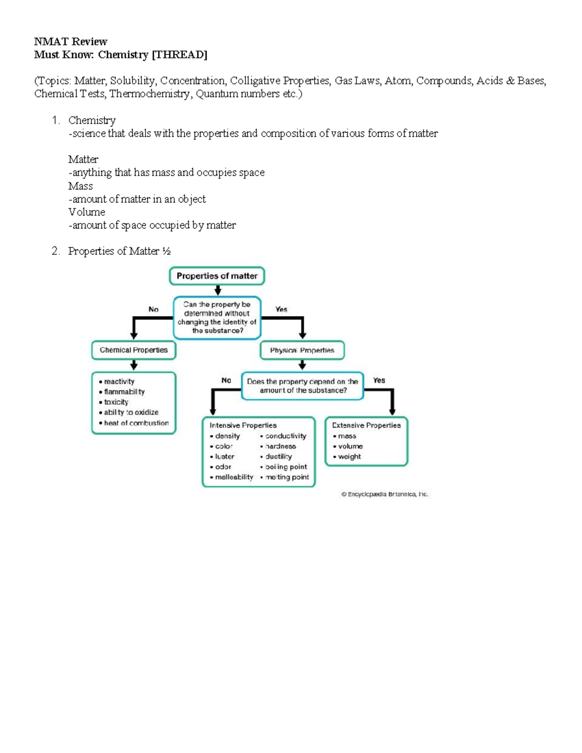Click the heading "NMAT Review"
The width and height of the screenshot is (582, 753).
[x=70, y=42]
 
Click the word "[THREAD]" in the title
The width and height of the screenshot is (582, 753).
[x=179, y=55]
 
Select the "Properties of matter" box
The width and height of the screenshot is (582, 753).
[x=217, y=276]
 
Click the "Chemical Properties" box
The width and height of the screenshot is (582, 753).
[x=133, y=350]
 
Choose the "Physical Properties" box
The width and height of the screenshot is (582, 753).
[x=302, y=350]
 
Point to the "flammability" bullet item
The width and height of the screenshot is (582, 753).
[x=124, y=392]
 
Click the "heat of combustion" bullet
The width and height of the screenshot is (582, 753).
[x=136, y=423]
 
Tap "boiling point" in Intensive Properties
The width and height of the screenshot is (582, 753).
[x=286, y=467]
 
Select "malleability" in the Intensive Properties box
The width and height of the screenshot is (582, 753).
[x=234, y=477]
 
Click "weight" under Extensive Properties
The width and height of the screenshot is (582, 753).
[x=349, y=457]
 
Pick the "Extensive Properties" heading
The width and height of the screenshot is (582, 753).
[x=366, y=425]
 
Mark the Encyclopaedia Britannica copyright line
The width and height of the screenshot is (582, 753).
[x=385, y=495]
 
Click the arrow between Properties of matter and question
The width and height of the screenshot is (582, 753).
[x=218, y=290]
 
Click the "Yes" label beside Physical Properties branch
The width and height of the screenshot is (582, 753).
[x=281, y=309]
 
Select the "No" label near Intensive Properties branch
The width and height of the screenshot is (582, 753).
[x=226, y=381]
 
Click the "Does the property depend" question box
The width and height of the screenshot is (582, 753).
[x=302, y=386]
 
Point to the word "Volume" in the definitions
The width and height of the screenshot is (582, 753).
[x=86, y=212]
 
